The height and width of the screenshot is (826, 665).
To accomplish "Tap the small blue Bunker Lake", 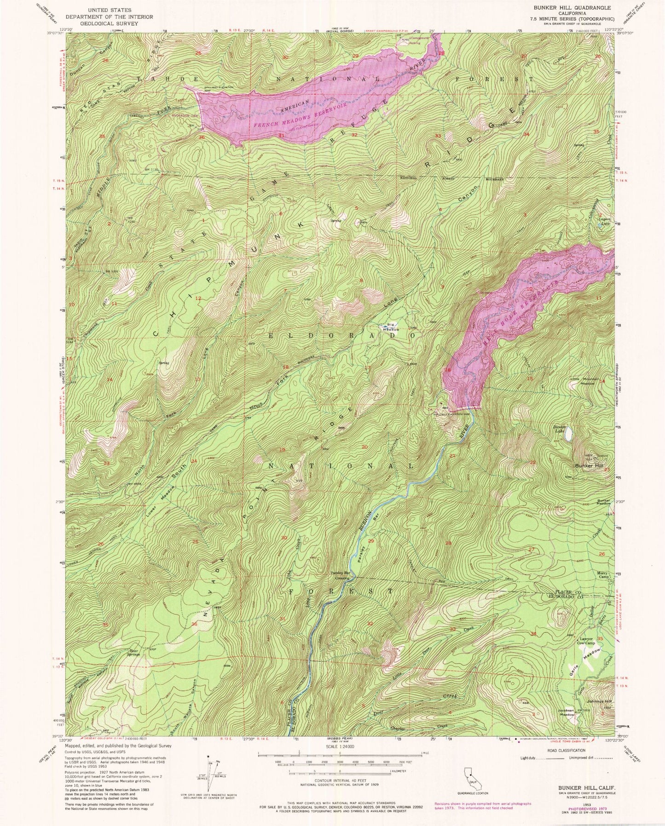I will click(570, 433).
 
